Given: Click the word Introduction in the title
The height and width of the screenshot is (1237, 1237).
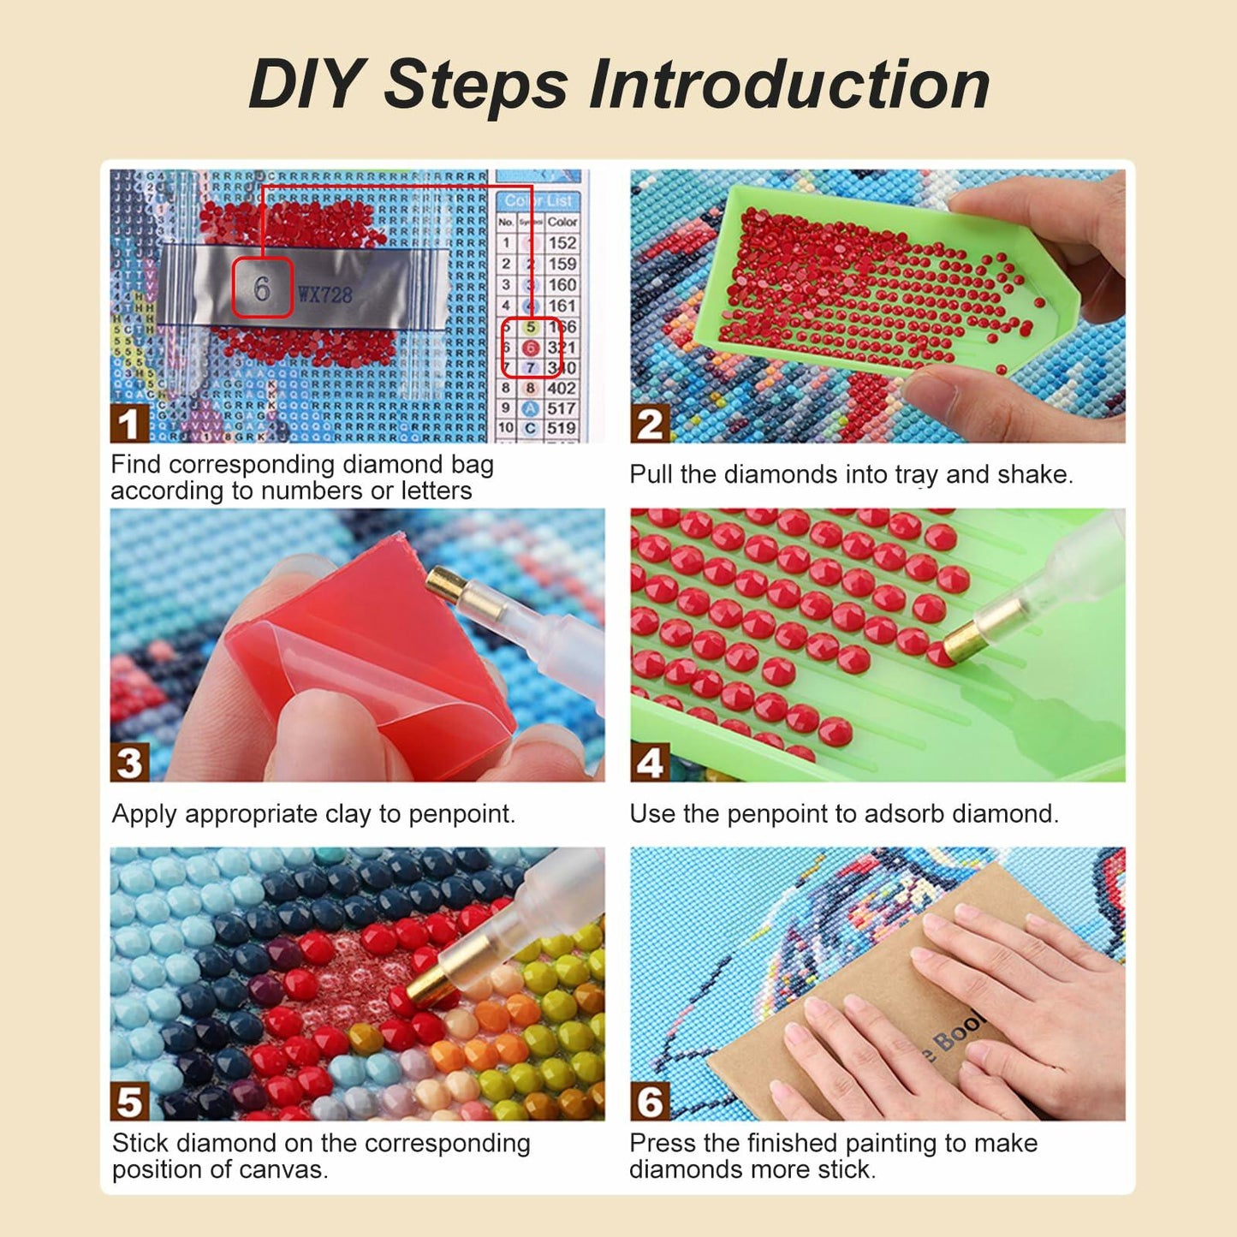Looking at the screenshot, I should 789,84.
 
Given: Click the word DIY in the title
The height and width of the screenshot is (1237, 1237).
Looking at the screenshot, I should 305,84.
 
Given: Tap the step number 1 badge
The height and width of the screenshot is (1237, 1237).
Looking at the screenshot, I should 128,424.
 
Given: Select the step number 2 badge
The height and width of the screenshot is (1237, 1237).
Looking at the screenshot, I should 650,424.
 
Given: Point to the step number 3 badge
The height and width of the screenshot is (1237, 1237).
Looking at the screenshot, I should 128,762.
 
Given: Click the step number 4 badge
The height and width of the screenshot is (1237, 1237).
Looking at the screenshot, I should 650,762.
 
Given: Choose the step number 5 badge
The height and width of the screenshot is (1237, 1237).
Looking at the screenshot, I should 128,1102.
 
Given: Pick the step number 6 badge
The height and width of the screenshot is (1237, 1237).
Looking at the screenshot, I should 650,1102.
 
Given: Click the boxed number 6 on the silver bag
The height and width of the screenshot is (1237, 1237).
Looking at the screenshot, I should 262,288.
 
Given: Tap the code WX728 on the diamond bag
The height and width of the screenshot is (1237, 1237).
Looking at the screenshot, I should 325,295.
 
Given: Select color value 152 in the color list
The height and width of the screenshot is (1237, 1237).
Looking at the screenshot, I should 562,243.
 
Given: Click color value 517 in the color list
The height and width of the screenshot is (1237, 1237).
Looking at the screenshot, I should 562,408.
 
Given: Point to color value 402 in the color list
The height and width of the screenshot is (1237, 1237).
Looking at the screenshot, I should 562,388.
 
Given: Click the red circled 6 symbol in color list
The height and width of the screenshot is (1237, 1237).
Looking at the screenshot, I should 531,348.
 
